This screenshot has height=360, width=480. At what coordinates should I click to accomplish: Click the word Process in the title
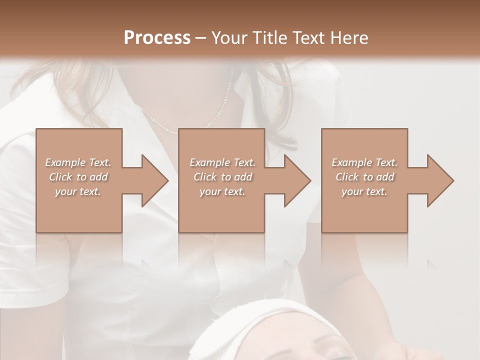click(x=157, y=37)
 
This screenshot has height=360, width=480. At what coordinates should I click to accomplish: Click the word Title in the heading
click(x=266, y=37)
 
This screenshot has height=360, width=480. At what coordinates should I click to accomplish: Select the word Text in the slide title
click(x=306, y=37)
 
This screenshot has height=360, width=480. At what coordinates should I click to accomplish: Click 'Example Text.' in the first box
click(x=78, y=162)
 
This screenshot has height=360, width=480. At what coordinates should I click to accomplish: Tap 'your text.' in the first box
click(x=78, y=191)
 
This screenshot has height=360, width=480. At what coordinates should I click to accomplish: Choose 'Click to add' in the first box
click(x=78, y=177)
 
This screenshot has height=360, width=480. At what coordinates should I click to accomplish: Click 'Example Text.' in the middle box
click(x=222, y=162)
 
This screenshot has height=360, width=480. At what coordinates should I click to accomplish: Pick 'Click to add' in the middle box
click(x=222, y=177)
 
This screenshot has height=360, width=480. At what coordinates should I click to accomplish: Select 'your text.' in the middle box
click(x=222, y=191)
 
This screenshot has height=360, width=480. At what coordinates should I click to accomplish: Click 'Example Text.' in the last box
click(x=364, y=162)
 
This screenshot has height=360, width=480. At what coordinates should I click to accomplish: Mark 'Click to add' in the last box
click(x=364, y=177)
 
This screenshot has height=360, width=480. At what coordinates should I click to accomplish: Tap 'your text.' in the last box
click(x=364, y=191)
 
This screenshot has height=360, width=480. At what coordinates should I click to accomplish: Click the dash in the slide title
click(x=200, y=38)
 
